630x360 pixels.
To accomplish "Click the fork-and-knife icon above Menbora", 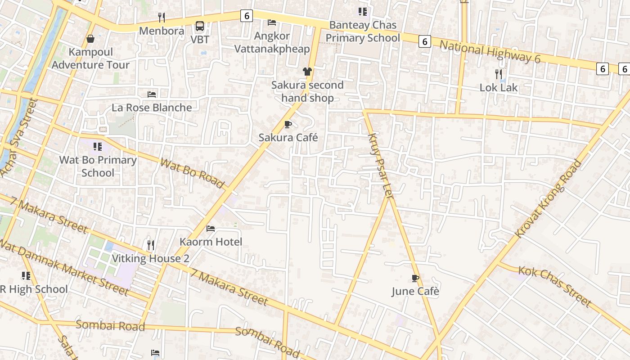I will coord(162,18).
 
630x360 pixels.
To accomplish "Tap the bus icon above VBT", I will coord(200,26).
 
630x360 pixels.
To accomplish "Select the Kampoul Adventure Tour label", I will coord(90,58).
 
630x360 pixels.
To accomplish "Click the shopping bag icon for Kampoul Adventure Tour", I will coord(90,39).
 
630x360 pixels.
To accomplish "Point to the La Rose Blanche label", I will coord(152,108).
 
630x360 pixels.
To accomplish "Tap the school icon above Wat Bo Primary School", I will coord(98,147).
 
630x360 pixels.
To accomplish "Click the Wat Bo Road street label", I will coord(192,173).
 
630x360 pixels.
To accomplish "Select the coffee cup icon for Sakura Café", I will coord(288,125).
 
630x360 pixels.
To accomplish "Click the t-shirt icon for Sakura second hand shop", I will coord(307,72).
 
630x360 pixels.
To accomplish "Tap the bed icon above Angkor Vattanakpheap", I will coord(272,22).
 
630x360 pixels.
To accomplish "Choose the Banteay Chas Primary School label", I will coord(363,31).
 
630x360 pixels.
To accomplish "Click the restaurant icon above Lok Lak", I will coord(499,74).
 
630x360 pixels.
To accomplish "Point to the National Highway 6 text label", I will coord(490,51).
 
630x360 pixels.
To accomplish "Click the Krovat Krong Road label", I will coord(548,199).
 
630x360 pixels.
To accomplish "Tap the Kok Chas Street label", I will coord(554,286).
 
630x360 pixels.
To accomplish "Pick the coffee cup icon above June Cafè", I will coord(415,279).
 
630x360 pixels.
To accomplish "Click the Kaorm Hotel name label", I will coord(211,242).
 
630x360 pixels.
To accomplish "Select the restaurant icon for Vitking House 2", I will coord(151,245).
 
